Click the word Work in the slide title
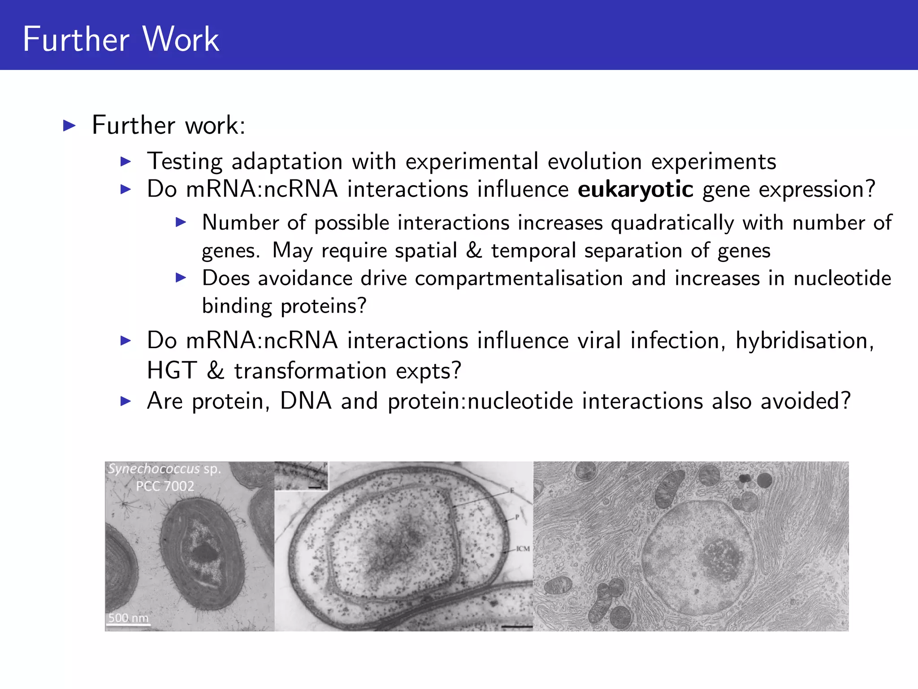tap(181, 39)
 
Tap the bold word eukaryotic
tap(635, 189)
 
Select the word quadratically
tap(672, 223)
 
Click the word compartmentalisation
tap(519, 279)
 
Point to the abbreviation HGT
tap(172, 371)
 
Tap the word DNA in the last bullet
tap(306, 401)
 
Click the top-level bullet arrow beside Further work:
tap(69, 125)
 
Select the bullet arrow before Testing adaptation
tap(126, 161)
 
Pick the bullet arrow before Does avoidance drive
tap(181, 278)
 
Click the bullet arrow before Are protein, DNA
tap(126, 401)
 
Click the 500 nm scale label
tap(128, 618)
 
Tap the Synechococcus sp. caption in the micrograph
tap(164, 469)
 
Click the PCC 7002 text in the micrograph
tap(165, 486)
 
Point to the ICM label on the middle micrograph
tap(523, 549)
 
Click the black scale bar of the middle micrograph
tap(517, 626)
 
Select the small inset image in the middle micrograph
tap(301, 475)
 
